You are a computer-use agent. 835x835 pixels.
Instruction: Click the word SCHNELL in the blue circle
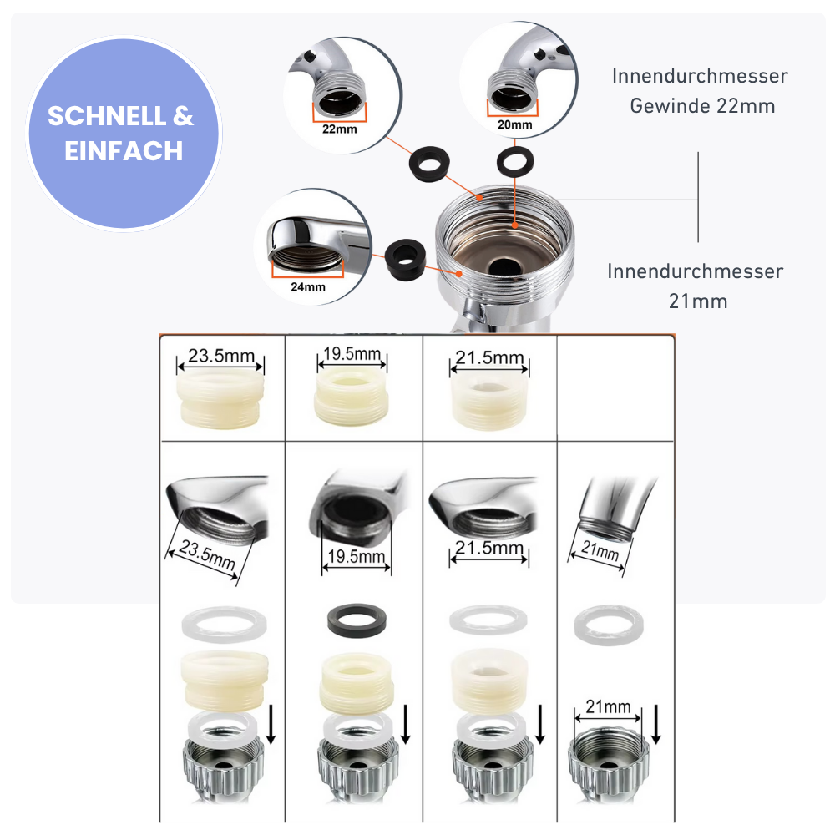(107, 116)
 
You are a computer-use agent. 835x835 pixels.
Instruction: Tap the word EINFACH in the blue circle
(124, 151)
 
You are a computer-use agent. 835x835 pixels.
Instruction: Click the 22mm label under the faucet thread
(340, 129)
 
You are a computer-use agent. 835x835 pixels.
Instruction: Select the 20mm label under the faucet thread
(515, 124)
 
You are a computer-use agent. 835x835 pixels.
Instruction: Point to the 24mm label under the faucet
(308, 287)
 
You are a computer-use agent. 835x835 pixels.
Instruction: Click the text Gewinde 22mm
(702, 106)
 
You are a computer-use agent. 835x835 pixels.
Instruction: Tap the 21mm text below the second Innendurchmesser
(698, 301)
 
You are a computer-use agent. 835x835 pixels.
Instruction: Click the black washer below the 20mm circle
(515, 161)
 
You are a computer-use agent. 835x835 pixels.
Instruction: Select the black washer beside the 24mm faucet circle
(405, 260)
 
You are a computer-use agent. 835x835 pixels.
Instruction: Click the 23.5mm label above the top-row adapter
(221, 355)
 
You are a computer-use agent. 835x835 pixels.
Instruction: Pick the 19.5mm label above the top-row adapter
(352, 353)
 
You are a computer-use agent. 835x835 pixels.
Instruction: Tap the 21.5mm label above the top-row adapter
(489, 357)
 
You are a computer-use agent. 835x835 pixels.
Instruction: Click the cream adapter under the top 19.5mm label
(352, 397)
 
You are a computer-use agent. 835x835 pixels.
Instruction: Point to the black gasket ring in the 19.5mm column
(357, 620)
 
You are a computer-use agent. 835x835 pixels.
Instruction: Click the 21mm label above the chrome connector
(608, 706)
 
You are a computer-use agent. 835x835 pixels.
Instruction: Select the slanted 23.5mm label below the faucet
(207, 554)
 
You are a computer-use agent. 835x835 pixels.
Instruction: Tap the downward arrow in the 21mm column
(656, 724)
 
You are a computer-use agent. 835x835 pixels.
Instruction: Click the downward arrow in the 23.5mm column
(271, 724)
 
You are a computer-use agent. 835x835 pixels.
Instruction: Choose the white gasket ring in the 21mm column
(609, 625)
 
